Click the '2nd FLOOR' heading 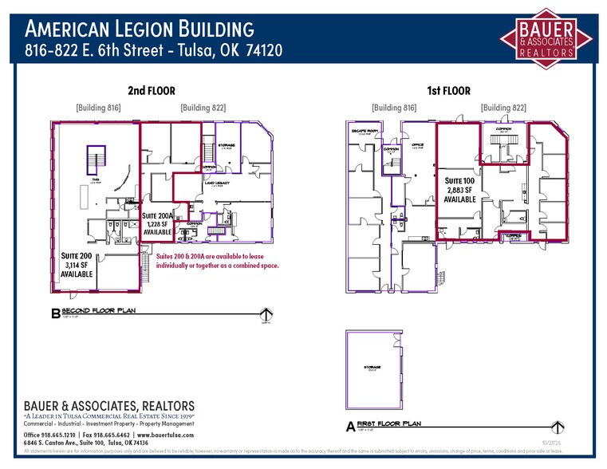[151, 91]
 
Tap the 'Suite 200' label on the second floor [77, 255]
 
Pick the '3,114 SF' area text [77, 265]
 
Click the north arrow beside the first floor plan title [558, 426]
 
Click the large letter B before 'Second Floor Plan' [55, 315]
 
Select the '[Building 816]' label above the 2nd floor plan [98, 107]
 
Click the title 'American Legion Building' [140, 30]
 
